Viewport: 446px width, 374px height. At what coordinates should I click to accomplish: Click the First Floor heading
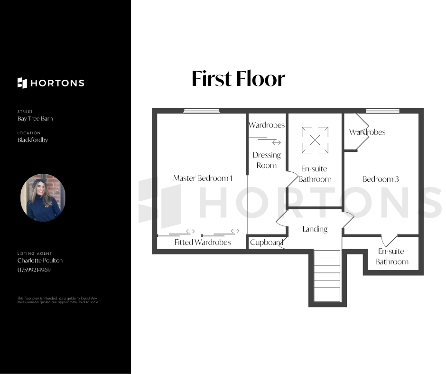pyautogui.click(x=238, y=79)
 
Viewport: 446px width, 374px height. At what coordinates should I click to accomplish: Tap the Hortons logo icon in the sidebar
pyautogui.click(x=22, y=83)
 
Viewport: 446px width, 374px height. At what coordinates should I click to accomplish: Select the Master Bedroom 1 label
pyautogui.click(x=203, y=178)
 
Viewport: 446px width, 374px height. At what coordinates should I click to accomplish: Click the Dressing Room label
pyautogui.click(x=267, y=160)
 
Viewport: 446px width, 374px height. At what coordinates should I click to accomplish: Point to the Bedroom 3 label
pyautogui.click(x=381, y=179)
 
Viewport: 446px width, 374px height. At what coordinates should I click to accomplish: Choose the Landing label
pyautogui.click(x=315, y=229)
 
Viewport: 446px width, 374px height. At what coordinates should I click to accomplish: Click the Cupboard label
pyautogui.click(x=267, y=242)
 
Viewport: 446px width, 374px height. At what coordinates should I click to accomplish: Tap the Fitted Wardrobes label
pyautogui.click(x=203, y=242)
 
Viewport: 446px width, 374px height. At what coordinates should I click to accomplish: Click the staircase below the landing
pyautogui.click(x=327, y=276)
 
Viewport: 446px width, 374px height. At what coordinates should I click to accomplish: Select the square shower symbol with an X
pyautogui.click(x=315, y=140)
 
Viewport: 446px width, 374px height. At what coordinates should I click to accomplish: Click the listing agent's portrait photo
pyautogui.click(x=43, y=197)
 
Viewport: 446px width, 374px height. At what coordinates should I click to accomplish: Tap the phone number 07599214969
pyautogui.click(x=34, y=270)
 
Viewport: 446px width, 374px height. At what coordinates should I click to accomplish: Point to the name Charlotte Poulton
pyautogui.click(x=40, y=261)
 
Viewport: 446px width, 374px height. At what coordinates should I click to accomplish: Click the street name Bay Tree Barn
pyautogui.click(x=35, y=118)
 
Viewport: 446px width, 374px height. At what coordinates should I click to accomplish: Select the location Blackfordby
pyautogui.click(x=33, y=140)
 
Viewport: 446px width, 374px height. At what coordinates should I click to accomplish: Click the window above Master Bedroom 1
pyautogui.click(x=201, y=111)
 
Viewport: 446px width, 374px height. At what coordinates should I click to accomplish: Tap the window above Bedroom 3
pyautogui.click(x=382, y=111)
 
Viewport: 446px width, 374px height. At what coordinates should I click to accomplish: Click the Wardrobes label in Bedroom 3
pyautogui.click(x=367, y=132)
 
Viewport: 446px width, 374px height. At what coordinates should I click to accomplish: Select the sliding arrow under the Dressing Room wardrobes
pyautogui.click(x=277, y=142)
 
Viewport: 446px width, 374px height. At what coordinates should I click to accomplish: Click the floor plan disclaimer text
pyautogui.click(x=58, y=300)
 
